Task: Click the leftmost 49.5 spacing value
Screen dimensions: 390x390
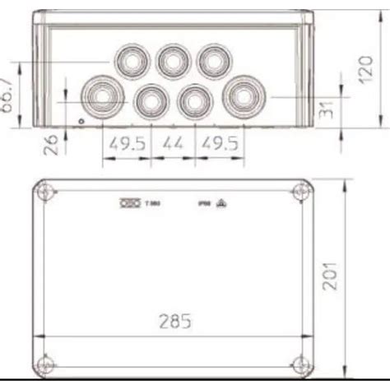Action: pos(125,142)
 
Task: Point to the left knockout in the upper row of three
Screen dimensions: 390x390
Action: pos(132,60)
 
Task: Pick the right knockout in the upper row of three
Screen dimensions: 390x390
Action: pos(213,60)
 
